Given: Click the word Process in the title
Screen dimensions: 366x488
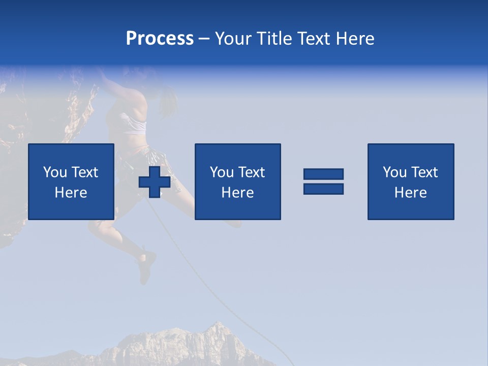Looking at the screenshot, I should click(160, 39).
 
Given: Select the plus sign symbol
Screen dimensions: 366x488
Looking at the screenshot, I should click(155, 182).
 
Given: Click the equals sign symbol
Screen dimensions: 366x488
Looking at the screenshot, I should click(323, 181).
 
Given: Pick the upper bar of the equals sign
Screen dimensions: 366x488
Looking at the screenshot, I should click(323, 174).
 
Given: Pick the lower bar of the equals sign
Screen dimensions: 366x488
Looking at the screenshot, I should click(323, 189).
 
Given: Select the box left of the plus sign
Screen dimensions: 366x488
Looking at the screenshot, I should click(71, 181).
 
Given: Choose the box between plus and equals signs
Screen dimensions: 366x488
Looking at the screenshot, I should click(237, 181).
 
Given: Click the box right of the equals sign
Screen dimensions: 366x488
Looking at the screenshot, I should click(411, 181).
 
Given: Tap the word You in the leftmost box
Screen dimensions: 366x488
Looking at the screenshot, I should click(55, 172).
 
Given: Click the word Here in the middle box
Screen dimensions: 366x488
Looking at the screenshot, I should click(237, 193).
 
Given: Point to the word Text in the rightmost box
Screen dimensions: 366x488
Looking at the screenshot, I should click(424, 172).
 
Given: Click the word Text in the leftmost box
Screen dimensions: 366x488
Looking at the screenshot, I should click(84, 172).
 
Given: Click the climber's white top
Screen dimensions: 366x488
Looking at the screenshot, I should click(133, 124).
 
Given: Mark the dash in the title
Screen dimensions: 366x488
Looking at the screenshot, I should click(204, 39).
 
